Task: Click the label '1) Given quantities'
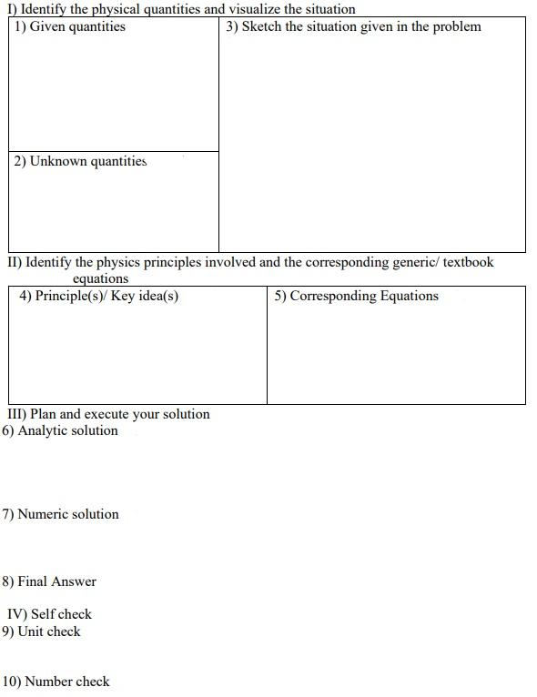70,26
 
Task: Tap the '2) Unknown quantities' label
80,161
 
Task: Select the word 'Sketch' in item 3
261,26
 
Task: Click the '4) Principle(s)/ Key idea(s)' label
99,296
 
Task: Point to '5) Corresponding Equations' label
357,296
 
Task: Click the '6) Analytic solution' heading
60,430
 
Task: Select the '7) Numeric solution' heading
61,514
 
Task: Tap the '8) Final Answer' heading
50,581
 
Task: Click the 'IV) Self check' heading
50,614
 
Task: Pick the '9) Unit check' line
42,631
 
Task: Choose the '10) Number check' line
56,682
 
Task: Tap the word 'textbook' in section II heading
468,262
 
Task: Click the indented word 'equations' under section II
100,278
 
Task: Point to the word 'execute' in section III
106,414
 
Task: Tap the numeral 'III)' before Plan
17,414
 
